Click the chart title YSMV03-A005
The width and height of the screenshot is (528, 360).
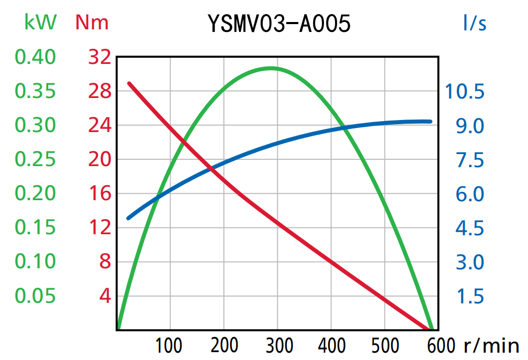click(x=278, y=24)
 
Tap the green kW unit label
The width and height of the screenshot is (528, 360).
click(x=40, y=22)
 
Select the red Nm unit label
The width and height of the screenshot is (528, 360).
click(x=92, y=23)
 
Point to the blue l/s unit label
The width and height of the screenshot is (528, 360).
click(x=475, y=23)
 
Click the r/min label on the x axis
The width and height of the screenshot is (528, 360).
click(x=491, y=345)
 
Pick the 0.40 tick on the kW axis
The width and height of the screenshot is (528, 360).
click(x=35, y=57)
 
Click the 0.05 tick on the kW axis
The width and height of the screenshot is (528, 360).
click(x=35, y=296)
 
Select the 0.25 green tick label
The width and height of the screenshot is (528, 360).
click(x=35, y=159)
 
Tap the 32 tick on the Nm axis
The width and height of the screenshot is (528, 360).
click(x=100, y=57)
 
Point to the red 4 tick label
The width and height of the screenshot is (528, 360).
click(x=105, y=296)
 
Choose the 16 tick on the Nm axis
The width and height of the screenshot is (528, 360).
click(x=100, y=194)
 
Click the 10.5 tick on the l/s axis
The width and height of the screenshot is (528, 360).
click(x=465, y=92)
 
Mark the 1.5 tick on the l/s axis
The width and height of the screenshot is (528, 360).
click(x=470, y=296)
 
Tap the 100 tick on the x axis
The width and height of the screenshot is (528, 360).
click(x=169, y=346)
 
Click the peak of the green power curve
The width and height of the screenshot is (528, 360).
click(x=271, y=68)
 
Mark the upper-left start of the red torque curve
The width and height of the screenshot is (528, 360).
click(x=130, y=83)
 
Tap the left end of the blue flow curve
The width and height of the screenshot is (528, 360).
click(x=128, y=218)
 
